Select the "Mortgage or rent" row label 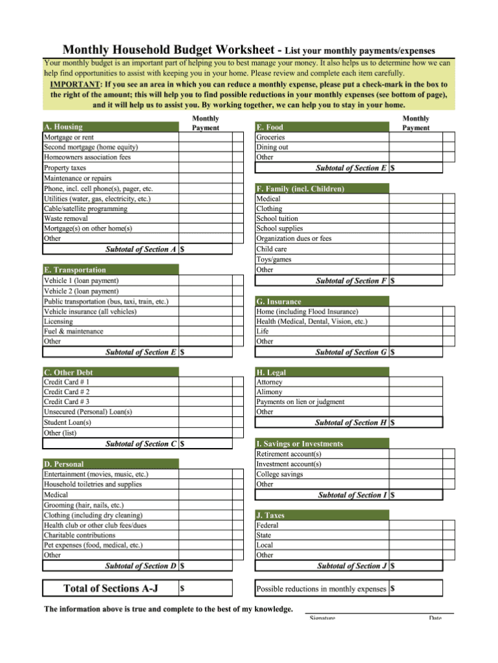(x=69, y=138)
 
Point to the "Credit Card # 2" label (x=67, y=392)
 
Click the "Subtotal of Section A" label (x=141, y=249)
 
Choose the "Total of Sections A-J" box (x=110, y=588)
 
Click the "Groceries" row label (x=270, y=138)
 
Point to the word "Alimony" (x=269, y=392)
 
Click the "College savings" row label (x=279, y=475)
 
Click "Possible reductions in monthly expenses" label (x=321, y=589)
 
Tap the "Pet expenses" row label (x=93, y=545)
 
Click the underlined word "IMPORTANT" (x=75, y=84)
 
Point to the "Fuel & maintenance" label (x=73, y=331)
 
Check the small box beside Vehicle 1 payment (x=238, y=281)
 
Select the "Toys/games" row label (x=274, y=260)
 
